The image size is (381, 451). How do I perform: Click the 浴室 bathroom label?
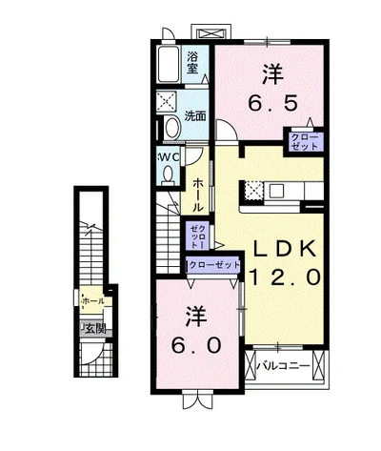point(192,63)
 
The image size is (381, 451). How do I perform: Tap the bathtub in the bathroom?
point(169,65)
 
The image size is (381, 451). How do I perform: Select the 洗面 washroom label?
point(195,116)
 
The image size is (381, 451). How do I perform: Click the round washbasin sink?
point(172,128)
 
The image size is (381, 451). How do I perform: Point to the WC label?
point(169,157)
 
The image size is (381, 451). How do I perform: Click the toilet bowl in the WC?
point(168,175)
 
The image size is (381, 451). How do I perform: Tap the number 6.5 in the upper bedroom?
point(273,103)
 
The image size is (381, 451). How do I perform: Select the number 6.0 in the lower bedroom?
point(196,345)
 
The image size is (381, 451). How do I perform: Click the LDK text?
point(284,248)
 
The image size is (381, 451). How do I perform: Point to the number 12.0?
point(285,277)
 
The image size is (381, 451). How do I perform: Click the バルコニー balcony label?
point(283,366)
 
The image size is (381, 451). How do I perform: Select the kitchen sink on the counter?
point(277,191)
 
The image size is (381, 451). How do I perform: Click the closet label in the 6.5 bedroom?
point(304,142)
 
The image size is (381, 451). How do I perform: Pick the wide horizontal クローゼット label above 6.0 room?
point(213,265)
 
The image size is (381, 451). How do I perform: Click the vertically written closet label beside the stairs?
point(197,236)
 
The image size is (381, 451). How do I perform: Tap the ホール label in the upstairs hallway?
point(197,195)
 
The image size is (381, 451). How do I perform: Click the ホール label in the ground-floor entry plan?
point(92,301)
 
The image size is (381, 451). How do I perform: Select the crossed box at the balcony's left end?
point(251,365)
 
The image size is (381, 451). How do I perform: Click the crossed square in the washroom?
point(166,102)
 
